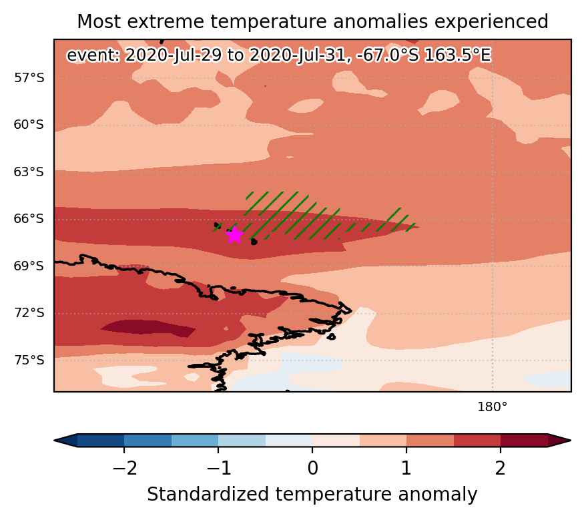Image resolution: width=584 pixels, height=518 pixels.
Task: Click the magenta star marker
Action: (x=234, y=235)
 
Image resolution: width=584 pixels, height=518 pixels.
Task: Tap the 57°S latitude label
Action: (x=29, y=78)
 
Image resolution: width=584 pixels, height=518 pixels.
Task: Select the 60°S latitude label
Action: (x=29, y=124)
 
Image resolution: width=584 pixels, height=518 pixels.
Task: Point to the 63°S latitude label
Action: (x=29, y=172)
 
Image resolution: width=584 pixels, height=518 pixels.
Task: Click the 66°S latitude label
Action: (x=29, y=218)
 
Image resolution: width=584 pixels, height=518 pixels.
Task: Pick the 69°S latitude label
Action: (x=29, y=266)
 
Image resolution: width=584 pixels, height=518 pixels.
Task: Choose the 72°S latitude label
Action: (x=29, y=313)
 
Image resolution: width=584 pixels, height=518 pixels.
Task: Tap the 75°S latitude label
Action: (x=29, y=360)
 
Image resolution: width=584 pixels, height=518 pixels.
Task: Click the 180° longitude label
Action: (x=493, y=407)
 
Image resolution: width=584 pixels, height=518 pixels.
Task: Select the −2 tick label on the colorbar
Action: (x=125, y=468)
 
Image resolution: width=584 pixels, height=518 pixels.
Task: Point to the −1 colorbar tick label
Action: (x=219, y=468)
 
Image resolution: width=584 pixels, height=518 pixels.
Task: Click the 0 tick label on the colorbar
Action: (x=313, y=468)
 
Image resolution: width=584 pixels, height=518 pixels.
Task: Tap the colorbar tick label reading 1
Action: (x=406, y=468)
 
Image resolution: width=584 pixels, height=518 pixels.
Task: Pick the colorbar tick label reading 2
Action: (x=500, y=468)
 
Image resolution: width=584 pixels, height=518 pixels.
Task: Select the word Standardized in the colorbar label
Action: (x=208, y=495)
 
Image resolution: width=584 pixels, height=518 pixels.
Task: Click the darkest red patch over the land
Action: (x=148, y=328)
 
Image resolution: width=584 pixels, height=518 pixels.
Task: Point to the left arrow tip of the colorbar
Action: (x=54, y=440)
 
